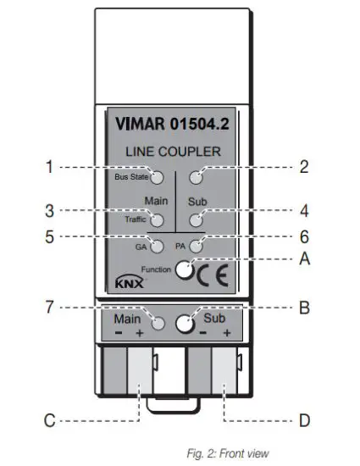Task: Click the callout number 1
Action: (x=51, y=168)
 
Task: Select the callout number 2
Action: (x=303, y=168)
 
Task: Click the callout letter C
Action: (x=49, y=419)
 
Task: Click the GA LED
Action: (x=157, y=247)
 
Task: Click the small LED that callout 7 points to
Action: (x=157, y=324)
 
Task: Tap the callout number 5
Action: (x=51, y=238)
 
